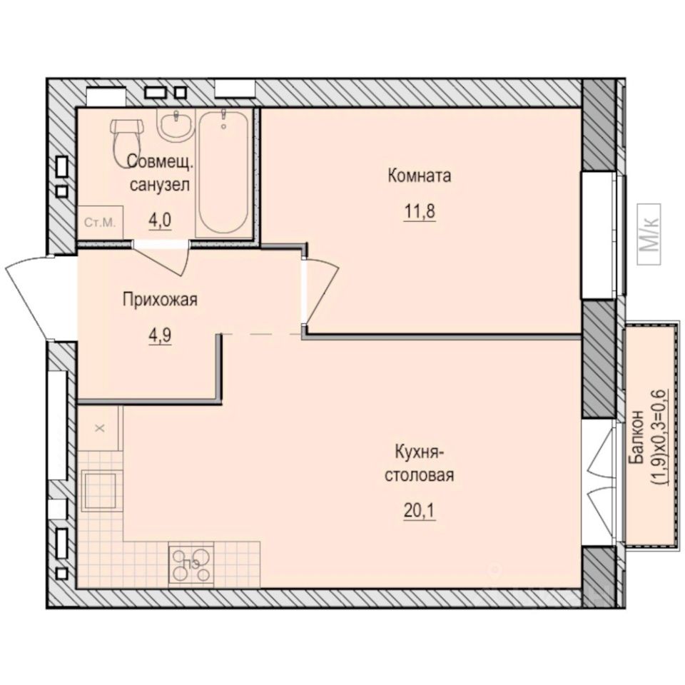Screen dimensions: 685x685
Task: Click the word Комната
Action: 420,176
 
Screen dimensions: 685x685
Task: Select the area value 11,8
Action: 420,212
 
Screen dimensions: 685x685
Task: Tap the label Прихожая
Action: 160,300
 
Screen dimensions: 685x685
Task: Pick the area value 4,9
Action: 160,335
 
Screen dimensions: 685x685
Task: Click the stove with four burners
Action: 191,563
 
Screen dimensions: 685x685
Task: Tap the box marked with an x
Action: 100,428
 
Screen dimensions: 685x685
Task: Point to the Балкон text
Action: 639,433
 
